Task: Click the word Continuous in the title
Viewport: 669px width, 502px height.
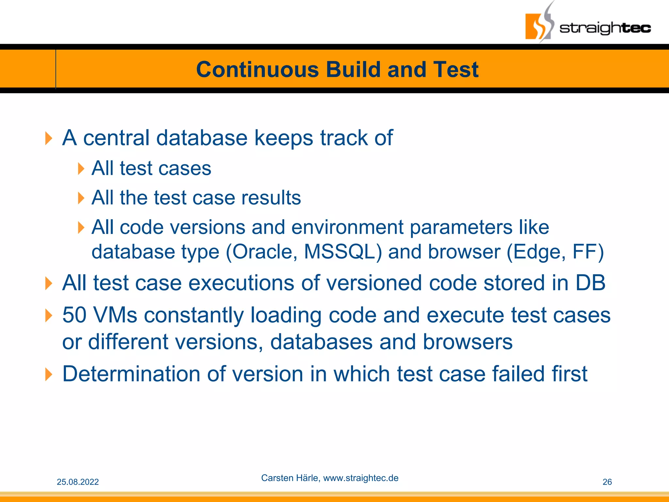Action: click(257, 70)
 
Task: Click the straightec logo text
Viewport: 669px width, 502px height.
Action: click(605, 28)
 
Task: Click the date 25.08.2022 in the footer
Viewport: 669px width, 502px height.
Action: click(78, 482)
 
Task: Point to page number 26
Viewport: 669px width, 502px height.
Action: click(607, 482)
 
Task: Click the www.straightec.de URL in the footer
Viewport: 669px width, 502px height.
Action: click(361, 478)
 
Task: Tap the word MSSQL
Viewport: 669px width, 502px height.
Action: click(342, 252)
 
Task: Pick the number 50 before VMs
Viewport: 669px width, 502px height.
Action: click(74, 315)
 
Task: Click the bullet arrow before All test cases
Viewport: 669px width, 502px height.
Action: click(81, 169)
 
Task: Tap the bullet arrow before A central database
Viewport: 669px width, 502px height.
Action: click(48, 138)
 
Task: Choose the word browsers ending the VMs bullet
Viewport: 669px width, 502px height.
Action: click(467, 342)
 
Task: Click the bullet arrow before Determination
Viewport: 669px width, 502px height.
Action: click(48, 374)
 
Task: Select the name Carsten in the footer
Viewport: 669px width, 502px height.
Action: click(274, 478)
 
